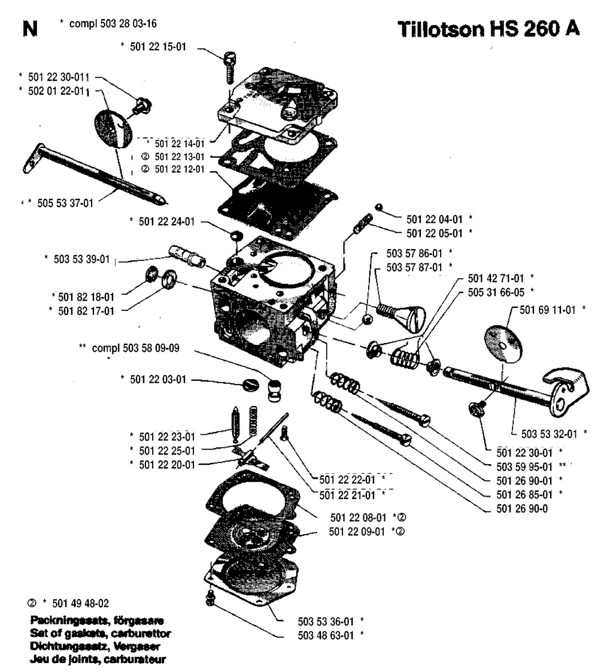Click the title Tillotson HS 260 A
(488, 29)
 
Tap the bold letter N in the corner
(27, 28)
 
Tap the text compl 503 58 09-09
(129, 347)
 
